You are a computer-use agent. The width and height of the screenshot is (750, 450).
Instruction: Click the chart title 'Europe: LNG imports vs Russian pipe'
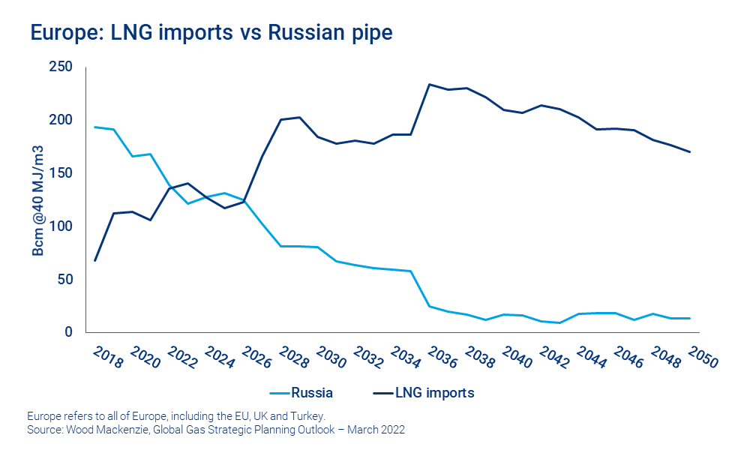[211, 33]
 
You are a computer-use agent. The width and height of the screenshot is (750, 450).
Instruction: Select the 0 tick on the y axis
[68, 332]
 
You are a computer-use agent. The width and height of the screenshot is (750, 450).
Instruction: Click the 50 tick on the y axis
[65, 279]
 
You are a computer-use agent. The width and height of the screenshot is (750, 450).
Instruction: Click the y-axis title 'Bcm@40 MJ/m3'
[39, 199]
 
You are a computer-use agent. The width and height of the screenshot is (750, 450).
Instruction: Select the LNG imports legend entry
[423, 392]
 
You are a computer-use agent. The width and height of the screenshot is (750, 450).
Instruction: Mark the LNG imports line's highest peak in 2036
[429, 84]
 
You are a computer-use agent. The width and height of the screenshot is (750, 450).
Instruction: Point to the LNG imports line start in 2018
[94, 260]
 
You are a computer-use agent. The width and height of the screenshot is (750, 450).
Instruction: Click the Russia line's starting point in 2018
[94, 127]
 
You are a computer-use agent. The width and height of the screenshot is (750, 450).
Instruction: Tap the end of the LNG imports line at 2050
[689, 152]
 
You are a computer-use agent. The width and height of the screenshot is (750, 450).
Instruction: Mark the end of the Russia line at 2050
[689, 318]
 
